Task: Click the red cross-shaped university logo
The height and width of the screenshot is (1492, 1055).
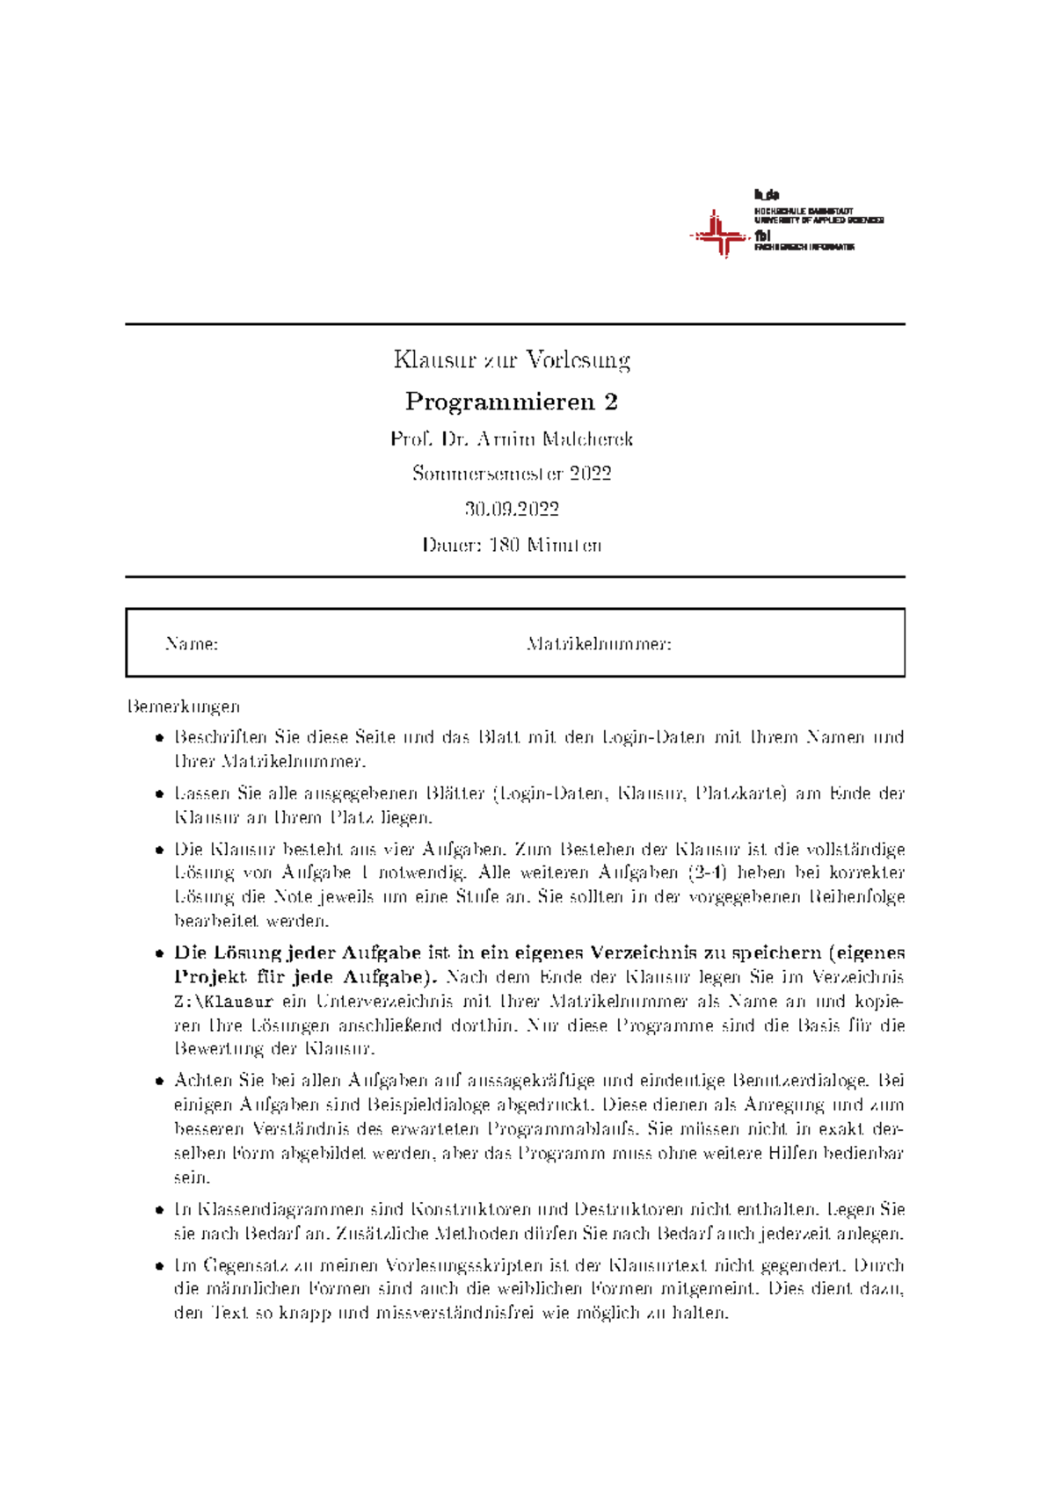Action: tap(719, 234)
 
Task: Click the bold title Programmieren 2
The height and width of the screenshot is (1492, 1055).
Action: tap(512, 402)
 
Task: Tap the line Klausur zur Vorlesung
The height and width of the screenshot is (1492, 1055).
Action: tap(512, 359)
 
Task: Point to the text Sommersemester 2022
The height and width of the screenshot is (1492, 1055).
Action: tap(512, 474)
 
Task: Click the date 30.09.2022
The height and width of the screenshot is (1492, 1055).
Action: tap(512, 509)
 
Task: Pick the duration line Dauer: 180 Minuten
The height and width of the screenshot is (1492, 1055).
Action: tap(512, 545)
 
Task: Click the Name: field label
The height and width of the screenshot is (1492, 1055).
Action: tap(191, 644)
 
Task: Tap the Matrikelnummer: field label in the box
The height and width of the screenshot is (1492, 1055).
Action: tap(599, 644)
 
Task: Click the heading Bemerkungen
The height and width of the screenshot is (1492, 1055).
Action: tap(183, 706)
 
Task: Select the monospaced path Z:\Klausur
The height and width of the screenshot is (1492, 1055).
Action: tap(223, 1001)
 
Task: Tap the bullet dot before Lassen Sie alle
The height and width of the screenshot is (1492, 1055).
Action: tap(159, 794)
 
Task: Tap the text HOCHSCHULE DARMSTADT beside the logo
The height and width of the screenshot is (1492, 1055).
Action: tap(804, 212)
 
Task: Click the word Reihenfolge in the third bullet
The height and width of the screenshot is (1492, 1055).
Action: tap(856, 897)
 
